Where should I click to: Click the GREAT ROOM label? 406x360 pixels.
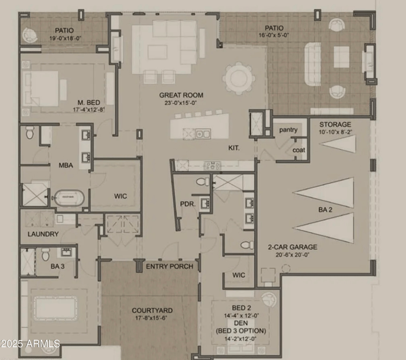[181, 95]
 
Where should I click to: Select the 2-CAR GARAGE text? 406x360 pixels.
[292, 247]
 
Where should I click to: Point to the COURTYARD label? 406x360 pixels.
[152, 310]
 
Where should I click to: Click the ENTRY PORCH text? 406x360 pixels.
[170, 267]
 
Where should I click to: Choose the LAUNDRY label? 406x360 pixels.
[43, 234]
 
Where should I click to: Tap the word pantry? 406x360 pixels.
[288, 130]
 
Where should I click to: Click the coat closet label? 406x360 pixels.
[298, 150]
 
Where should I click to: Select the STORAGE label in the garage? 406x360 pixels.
[334, 124]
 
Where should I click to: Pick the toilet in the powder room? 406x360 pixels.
[202, 181]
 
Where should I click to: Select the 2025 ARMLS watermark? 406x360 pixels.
[30, 344]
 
